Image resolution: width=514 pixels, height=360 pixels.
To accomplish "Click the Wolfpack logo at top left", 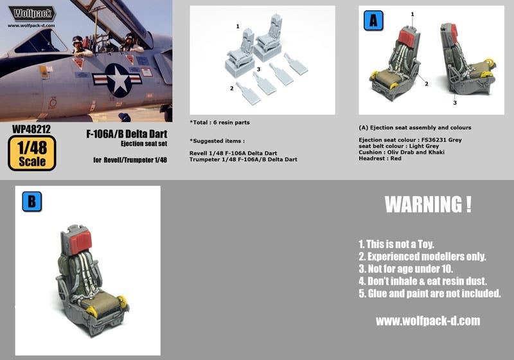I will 32,13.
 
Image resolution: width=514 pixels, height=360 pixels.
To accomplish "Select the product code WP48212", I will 31,129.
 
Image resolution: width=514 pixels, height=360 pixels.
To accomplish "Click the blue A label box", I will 373,21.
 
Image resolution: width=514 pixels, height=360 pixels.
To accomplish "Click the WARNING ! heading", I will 428,205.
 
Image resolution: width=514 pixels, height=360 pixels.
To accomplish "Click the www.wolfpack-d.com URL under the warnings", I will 427,321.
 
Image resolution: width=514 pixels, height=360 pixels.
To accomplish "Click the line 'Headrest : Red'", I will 380,158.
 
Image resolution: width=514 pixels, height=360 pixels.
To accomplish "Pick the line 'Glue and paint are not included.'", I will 429,293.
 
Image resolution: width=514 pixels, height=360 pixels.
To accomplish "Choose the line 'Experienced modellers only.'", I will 421,256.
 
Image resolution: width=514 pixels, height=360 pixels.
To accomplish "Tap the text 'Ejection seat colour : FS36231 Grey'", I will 411,139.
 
